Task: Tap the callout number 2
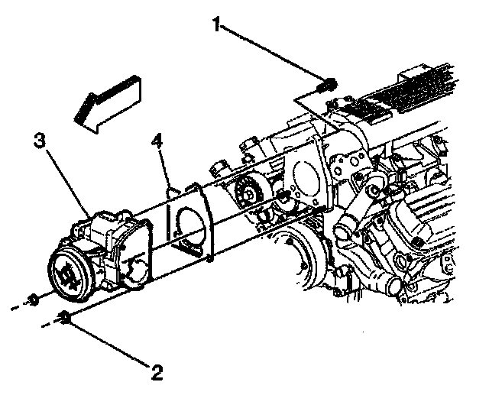[x=157, y=373]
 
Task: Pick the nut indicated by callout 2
[x=66, y=319]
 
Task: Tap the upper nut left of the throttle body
[x=34, y=299]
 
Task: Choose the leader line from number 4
[x=164, y=164]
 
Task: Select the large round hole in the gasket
[x=191, y=222]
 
